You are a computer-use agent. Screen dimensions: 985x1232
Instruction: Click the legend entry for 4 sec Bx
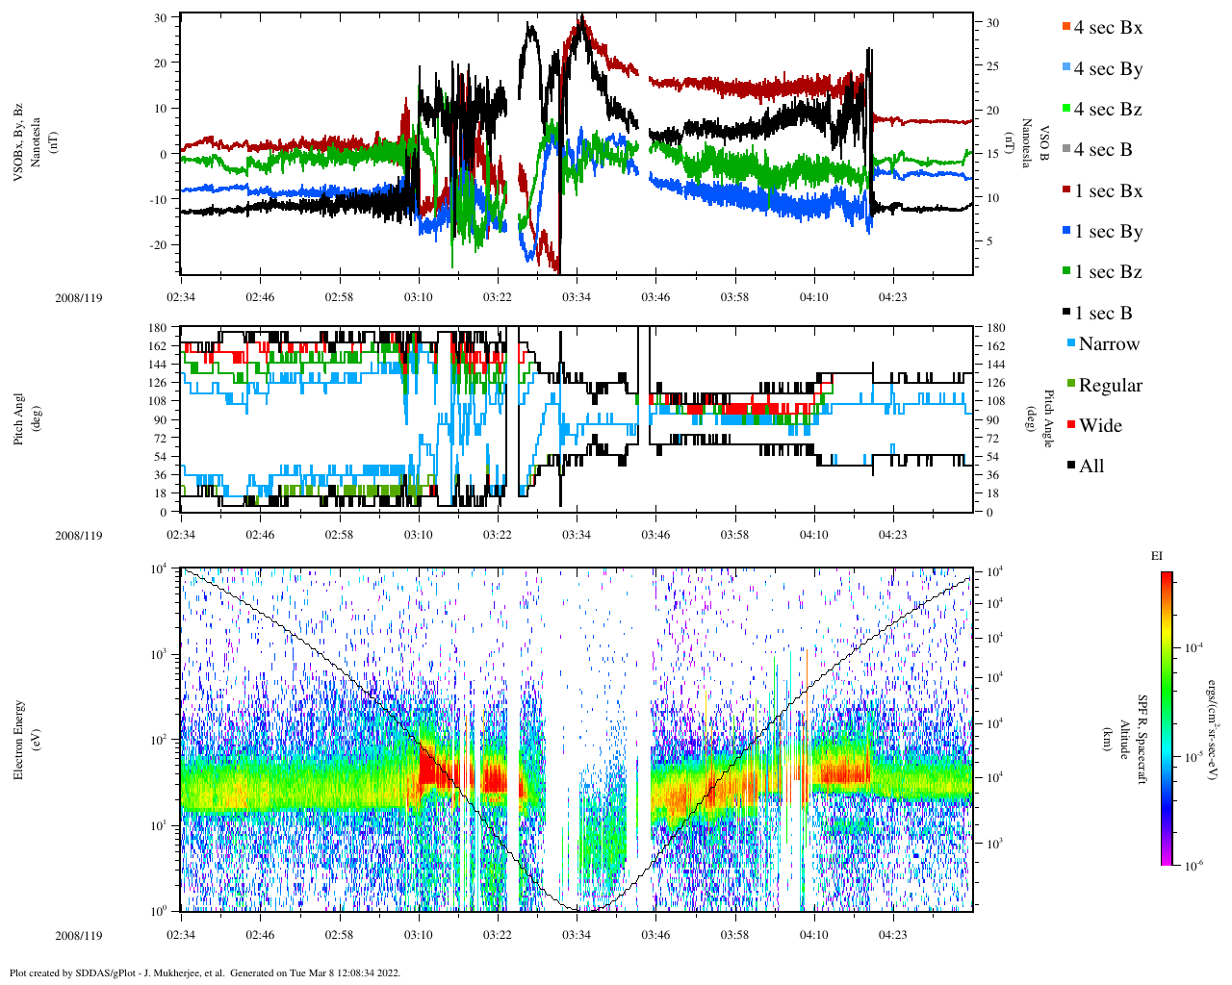[1107, 28]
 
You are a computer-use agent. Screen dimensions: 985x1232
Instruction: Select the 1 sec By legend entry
[1107, 232]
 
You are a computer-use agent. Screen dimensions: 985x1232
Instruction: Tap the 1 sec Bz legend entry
[1107, 272]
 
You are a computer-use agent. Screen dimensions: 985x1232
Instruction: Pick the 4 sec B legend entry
[1102, 150]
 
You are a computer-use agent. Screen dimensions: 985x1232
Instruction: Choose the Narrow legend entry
[1108, 344]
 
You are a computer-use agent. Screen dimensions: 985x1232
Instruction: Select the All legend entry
[1091, 467]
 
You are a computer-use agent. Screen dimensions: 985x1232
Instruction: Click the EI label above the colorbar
[1157, 556]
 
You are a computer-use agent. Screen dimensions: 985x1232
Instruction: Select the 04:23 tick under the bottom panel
[893, 935]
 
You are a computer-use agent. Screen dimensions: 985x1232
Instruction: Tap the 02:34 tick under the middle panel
[181, 535]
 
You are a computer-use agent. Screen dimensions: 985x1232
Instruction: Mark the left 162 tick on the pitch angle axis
[157, 346]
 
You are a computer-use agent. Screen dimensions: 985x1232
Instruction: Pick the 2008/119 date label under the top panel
[79, 298]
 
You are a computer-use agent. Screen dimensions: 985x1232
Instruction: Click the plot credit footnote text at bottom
[204, 972]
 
